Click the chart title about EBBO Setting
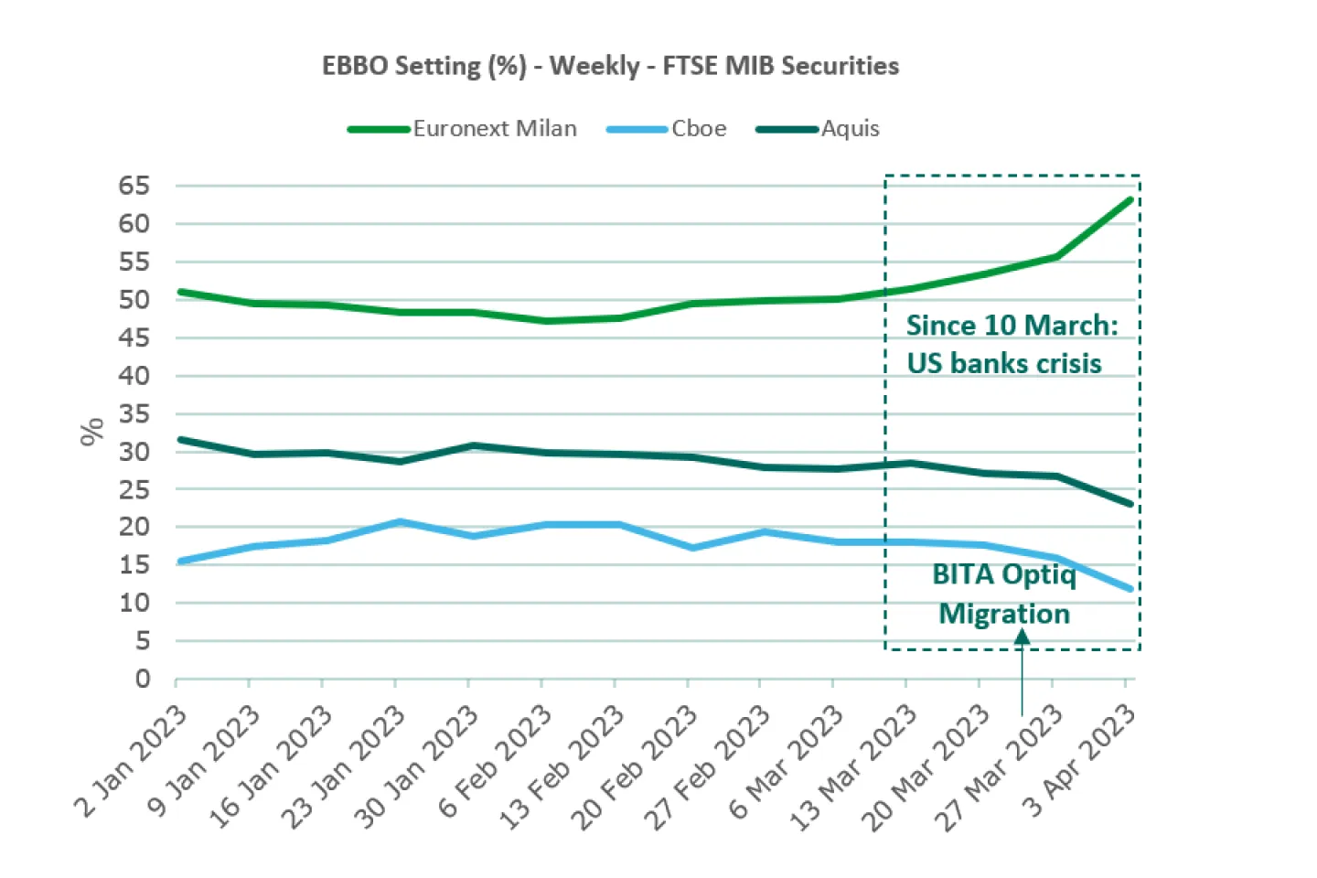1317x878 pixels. pos(610,66)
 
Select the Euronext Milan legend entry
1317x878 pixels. pos(494,129)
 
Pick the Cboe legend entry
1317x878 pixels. pos(699,129)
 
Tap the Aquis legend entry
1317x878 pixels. pos(850,129)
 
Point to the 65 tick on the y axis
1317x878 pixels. pos(134,186)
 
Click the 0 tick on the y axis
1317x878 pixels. pos(143,679)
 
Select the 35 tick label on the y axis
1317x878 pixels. pos(134,413)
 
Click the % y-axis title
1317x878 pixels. pos(92,432)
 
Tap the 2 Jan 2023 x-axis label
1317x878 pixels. pos(131,761)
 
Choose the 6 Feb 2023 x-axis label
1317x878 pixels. pos(495,762)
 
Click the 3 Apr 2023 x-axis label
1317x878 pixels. pos(1079,761)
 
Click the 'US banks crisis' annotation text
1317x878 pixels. pos(1004,363)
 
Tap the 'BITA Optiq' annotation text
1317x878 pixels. pos(1004,574)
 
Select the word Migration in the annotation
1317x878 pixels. pos(1004,614)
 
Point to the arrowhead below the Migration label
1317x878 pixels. pos(1023,638)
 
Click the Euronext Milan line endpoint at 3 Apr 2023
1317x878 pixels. pos(1130,199)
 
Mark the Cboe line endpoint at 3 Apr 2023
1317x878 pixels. pos(1130,589)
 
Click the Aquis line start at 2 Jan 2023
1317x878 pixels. pos(179,440)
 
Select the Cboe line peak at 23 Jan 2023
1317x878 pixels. pos(398,522)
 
